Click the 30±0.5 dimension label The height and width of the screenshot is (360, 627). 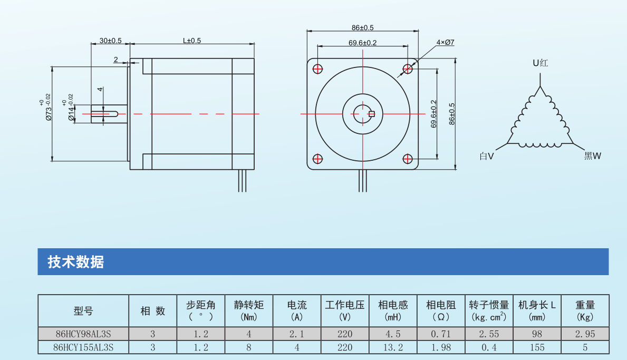[110, 41]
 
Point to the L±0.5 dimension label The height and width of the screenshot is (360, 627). [192, 41]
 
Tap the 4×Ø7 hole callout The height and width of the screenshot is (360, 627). [445, 42]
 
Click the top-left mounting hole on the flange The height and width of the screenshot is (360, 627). [317, 69]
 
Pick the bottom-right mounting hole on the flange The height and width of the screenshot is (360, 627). [408, 159]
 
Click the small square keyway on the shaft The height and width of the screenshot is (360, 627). [371, 114]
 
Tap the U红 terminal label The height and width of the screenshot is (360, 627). [540, 63]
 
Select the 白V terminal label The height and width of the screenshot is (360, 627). [487, 156]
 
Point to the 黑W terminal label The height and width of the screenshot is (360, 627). [593, 156]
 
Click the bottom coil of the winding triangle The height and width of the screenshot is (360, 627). [540, 144]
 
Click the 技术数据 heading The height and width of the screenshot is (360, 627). [75, 262]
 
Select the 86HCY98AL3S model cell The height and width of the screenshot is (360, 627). [83, 334]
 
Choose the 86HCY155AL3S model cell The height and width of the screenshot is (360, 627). [83, 348]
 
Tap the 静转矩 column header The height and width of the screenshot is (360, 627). [249, 305]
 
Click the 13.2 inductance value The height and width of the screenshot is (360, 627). [393, 348]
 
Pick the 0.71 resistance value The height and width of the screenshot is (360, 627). [441, 334]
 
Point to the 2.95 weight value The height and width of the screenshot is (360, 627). [585, 334]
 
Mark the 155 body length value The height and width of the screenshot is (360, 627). [537, 348]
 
